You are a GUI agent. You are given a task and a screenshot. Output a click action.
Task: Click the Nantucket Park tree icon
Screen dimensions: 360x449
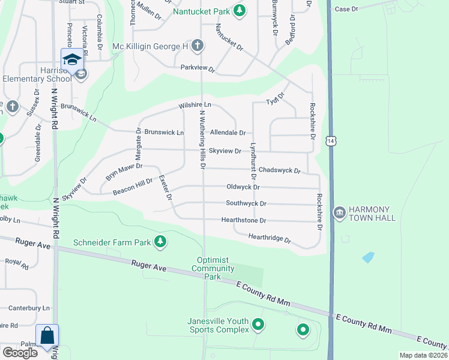click(x=240, y=11)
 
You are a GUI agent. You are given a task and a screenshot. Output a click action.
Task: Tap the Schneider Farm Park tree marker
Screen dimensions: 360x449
click(x=160, y=242)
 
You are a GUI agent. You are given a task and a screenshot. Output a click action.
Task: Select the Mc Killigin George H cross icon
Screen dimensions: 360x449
click(x=197, y=46)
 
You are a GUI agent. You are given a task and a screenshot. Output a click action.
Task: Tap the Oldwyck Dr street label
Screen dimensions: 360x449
click(x=243, y=187)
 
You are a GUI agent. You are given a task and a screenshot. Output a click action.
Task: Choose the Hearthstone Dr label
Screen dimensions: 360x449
click(x=243, y=220)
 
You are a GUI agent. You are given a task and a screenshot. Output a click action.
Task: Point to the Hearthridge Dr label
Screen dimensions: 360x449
click(x=270, y=239)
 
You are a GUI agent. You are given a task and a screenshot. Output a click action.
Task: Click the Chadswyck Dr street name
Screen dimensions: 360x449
click(x=279, y=170)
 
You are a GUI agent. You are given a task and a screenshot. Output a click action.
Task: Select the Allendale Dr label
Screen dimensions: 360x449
click(x=228, y=132)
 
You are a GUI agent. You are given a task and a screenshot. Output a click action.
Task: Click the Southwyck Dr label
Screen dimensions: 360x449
click(x=246, y=203)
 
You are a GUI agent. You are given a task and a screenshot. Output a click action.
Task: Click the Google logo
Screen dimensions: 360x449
click(x=20, y=352)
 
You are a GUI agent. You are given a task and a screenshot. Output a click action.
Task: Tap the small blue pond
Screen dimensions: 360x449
click(x=367, y=257)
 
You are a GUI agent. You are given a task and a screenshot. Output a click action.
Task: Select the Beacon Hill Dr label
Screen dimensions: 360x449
click(x=133, y=187)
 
